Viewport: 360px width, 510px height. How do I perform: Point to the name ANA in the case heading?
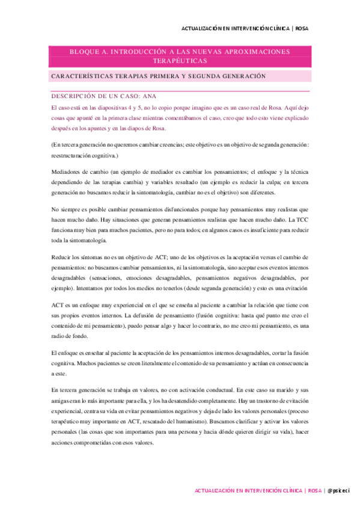166,95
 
